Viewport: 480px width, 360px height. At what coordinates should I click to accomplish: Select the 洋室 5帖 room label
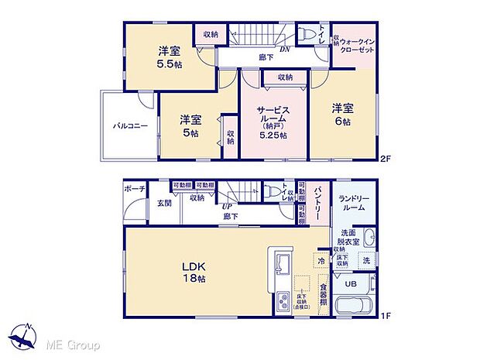(190, 125)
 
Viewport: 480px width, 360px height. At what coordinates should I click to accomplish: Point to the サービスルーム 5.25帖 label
(273, 122)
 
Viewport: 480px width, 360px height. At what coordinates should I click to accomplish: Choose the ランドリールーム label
(354, 203)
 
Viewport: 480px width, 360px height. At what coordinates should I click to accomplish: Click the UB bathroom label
(350, 284)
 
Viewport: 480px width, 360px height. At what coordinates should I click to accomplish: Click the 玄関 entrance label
(165, 203)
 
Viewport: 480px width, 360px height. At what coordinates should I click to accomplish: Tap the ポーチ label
(133, 188)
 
